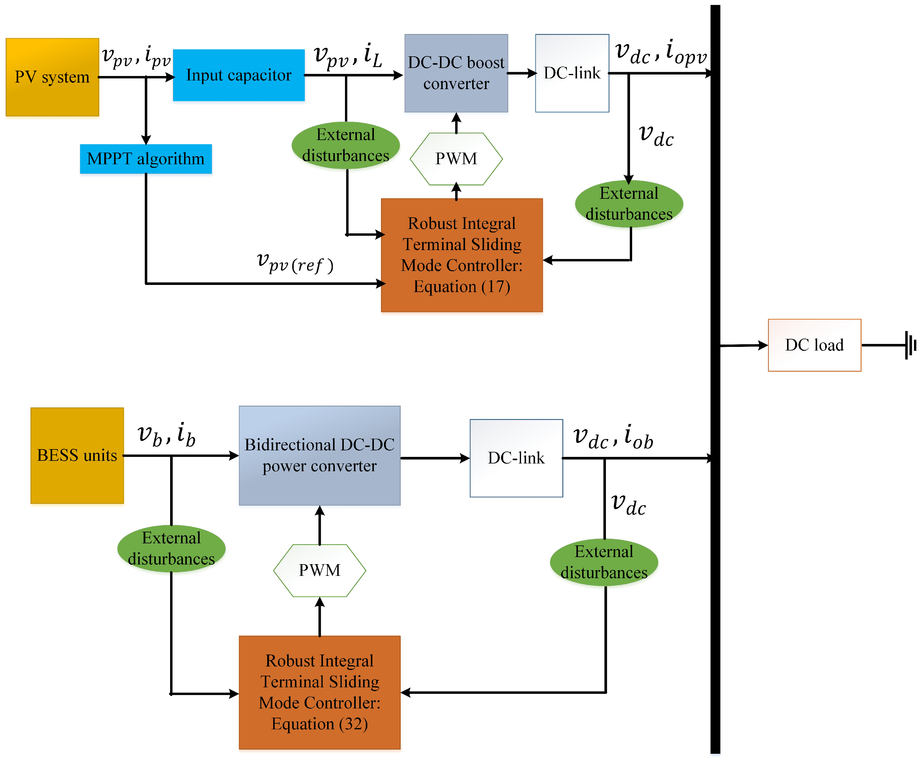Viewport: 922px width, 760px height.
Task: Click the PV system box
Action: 52,77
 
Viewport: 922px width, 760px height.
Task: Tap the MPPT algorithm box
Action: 146,159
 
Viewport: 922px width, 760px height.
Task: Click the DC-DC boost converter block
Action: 456,73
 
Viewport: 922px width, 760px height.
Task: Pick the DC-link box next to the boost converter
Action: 572,73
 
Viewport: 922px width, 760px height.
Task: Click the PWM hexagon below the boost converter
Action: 456,159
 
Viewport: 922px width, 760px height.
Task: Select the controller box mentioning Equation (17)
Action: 462,255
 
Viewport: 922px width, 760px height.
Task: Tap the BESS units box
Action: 77,455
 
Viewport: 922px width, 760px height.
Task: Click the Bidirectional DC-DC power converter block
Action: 319,455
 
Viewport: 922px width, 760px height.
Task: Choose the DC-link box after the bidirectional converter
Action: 516,458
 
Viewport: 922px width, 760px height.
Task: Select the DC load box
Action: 814,345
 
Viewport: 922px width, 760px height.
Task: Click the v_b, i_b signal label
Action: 166,435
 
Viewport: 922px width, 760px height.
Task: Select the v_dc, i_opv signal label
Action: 661,52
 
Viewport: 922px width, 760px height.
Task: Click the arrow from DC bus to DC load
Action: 744,345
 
